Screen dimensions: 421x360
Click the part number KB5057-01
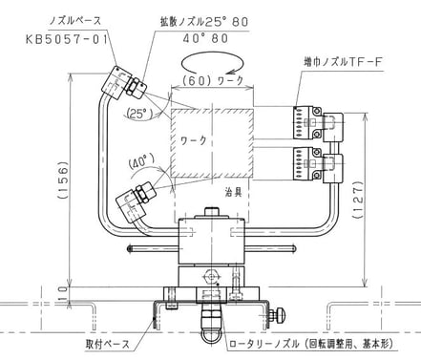[x=67, y=40]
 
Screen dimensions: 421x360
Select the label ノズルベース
[x=74, y=21]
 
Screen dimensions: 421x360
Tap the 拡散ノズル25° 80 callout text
[x=204, y=22]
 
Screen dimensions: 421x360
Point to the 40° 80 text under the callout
[x=205, y=38]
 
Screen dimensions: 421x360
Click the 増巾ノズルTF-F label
[x=343, y=62]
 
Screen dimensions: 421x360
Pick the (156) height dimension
[x=63, y=180]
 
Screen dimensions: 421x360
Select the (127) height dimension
[x=358, y=200]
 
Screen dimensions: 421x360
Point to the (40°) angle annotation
[x=142, y=162]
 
